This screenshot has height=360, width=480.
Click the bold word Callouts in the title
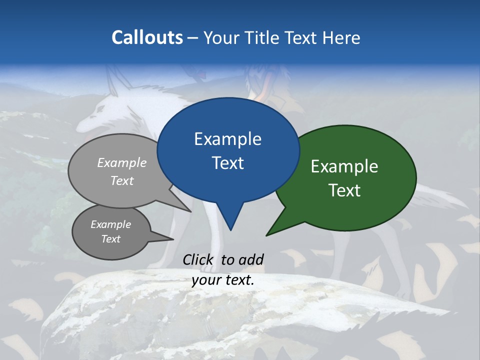147,37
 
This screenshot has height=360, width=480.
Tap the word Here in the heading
339,37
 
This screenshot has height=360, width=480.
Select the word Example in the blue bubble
227,139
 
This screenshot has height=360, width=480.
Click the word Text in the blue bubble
227,163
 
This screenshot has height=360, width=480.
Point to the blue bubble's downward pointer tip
230,230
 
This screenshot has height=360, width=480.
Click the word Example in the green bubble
344,166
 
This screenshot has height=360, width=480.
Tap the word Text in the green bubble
344,190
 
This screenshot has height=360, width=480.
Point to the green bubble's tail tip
266,235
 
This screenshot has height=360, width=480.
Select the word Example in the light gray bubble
122,162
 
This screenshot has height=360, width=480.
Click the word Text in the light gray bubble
122,180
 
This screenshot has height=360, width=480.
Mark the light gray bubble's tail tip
191,211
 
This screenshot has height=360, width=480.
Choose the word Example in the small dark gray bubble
110,224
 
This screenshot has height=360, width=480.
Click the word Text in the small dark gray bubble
110,239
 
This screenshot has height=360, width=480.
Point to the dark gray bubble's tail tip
173,239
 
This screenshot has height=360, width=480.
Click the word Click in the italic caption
199,259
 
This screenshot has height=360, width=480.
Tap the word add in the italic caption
251,259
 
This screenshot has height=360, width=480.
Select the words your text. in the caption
223,280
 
